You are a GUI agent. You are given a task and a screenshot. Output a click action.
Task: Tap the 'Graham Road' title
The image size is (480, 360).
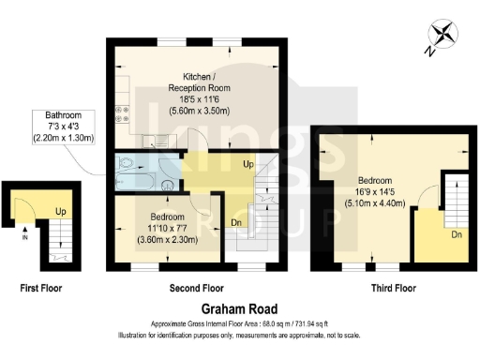click(x=239, y=307)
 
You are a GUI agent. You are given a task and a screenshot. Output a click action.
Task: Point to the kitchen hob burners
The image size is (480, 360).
click(x=121, y=113)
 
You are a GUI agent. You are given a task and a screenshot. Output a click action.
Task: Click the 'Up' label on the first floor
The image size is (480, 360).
click(x=59, y=211)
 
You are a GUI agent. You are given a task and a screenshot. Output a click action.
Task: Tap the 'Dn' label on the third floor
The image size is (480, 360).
click(x=456, y=233)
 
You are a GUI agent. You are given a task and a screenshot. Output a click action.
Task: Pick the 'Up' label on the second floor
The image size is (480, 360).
click(x=247, y=164)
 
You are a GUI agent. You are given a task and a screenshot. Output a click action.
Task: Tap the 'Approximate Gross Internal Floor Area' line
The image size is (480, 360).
click(x=239, y=324)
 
